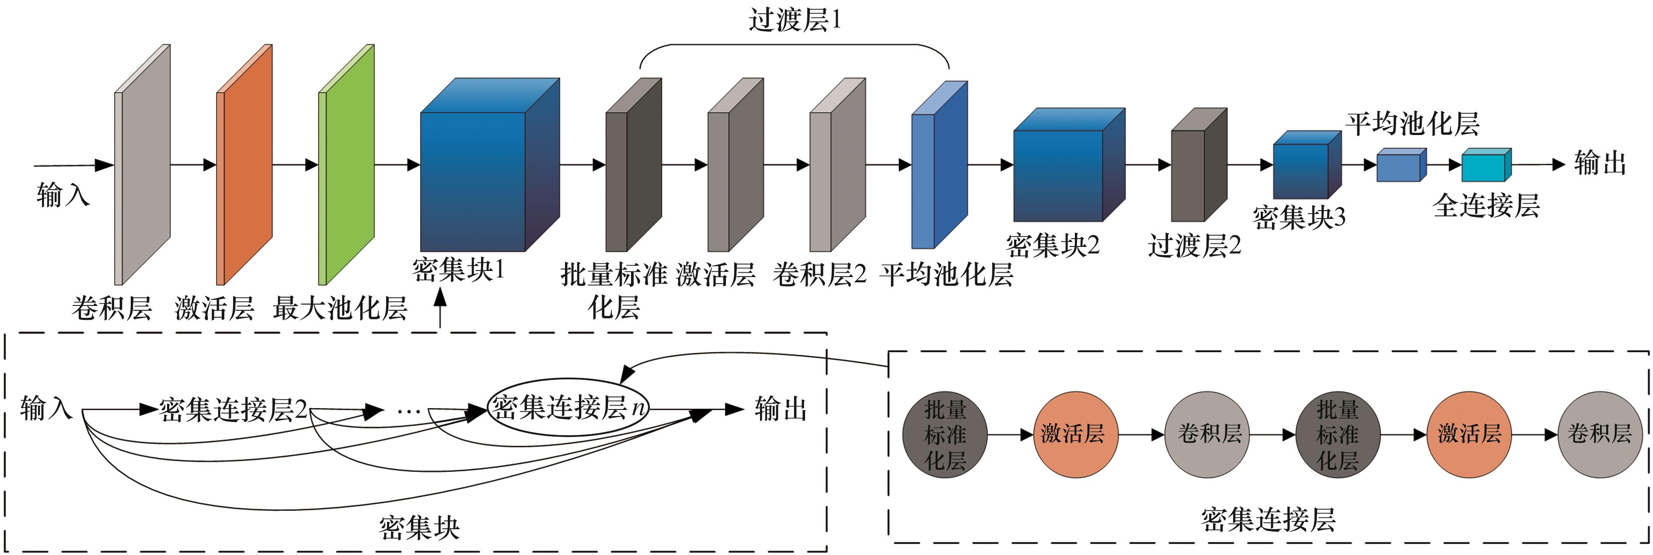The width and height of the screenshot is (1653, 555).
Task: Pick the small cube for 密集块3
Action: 1303,168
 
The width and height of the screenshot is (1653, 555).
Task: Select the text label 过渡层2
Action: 1194,246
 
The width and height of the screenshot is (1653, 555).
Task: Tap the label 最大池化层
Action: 340,309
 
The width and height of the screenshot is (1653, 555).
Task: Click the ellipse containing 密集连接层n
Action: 568,407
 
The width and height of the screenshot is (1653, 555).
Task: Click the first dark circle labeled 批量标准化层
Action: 945,435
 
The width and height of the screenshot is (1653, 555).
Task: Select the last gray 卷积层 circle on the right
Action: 1599,435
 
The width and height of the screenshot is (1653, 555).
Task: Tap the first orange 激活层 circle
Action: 1075,435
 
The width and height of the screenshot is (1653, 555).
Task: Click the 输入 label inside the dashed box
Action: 46,409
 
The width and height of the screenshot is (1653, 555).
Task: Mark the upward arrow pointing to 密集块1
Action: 440,308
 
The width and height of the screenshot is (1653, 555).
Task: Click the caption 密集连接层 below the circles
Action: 1268,519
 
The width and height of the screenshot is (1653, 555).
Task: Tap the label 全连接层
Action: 1486,206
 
